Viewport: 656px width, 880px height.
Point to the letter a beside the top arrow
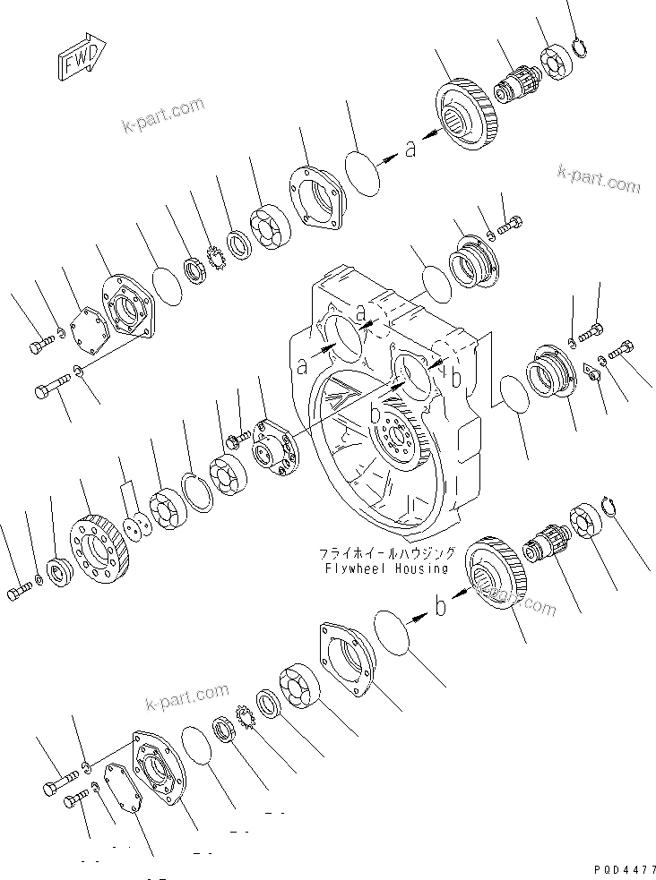pyautogui.click(x=410, y=150)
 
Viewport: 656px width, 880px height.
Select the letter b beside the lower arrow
pyautogui.click(x=440, y=607)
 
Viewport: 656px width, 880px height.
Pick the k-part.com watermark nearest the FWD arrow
pyautogui.click(x=162, y=116)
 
